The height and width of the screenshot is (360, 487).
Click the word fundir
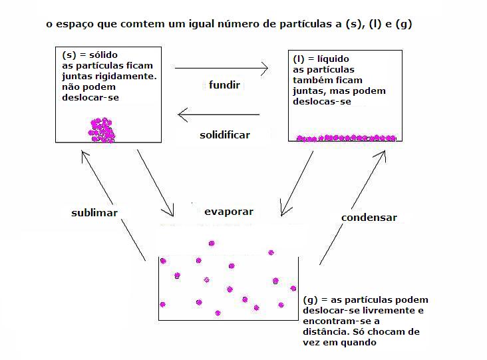pyautogui.click(x=224, y=85)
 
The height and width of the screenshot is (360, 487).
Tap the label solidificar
pyautogui.click(x=225, y=135)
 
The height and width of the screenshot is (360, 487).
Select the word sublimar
pyautogui.click(x=94, y=213)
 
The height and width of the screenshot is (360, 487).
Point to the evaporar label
pyautogui.click(x=229, y=212)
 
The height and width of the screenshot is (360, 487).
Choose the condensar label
pyautogui.click(x=369, y=218)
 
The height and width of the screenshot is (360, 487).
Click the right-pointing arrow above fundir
pyautogui.click(x=222, y=68)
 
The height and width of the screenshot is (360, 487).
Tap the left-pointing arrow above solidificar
pyautogui.click(x=219, y=114)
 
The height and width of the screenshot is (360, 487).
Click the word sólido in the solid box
pyautogui.click(x=103, y=55)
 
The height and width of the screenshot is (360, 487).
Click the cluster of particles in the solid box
pyautogui.click(x=102, y=130)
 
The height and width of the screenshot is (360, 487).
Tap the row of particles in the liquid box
pyautogui.click(x=347, y=138)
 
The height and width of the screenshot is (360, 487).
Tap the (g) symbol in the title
pyautogui.click(x=403, y=24)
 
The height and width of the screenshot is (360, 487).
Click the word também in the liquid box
pyautogui.click(x=311, y=80)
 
